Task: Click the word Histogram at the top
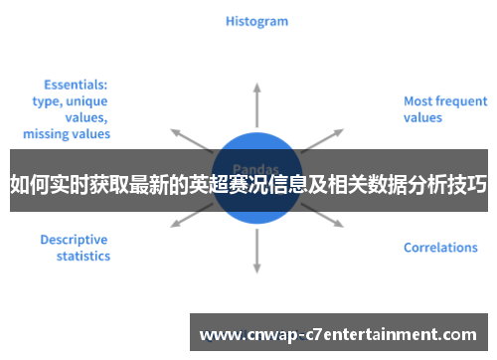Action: pyautogui.click(x=256, y=21)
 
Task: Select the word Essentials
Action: pyautogui.click(x=76, y=86)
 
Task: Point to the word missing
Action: pyautogui.click(x=46, y=133)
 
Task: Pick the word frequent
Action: pyautogui.click(x=462, y=101)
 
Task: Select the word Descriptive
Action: pyautogui.click(x=74, y=240)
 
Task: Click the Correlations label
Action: pyautogui.click(x=440, y=248)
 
